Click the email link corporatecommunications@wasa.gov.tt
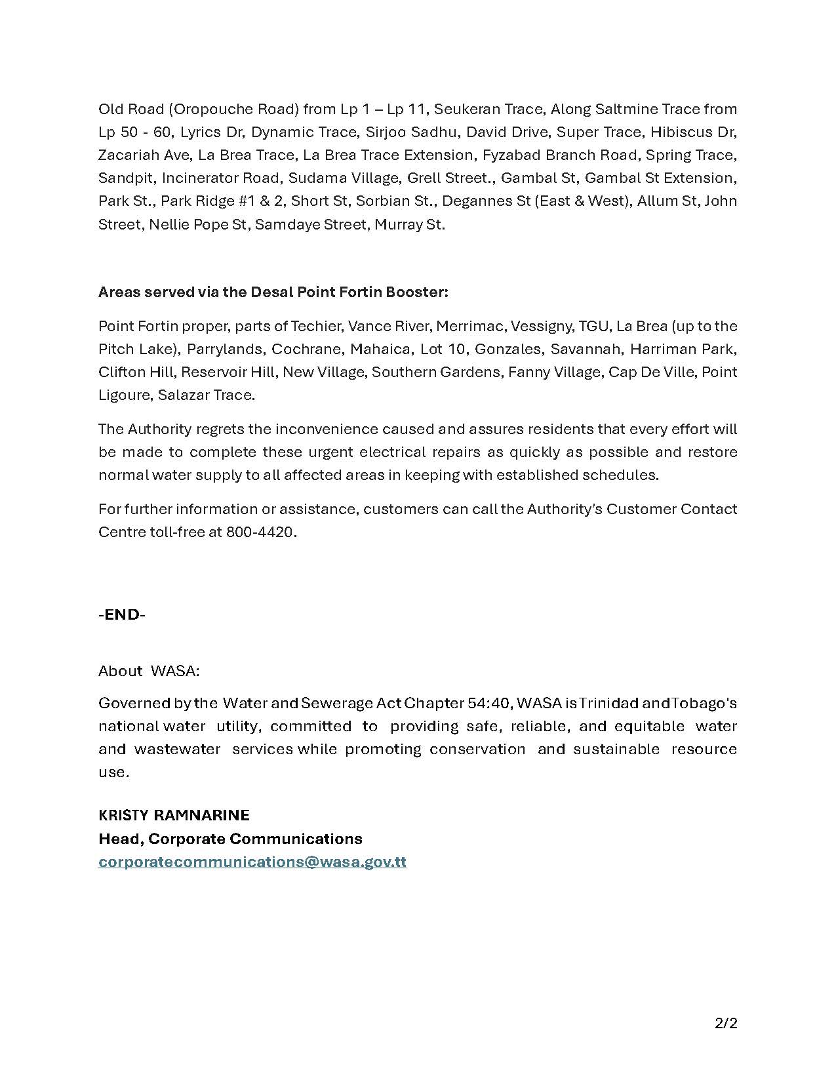252,862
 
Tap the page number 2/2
726,1023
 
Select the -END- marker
122,614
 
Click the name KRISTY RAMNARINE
174,815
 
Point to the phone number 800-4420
260,532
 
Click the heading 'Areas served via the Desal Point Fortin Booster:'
273,292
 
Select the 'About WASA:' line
149,671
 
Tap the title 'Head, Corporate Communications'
230,839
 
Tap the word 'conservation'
477,749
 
